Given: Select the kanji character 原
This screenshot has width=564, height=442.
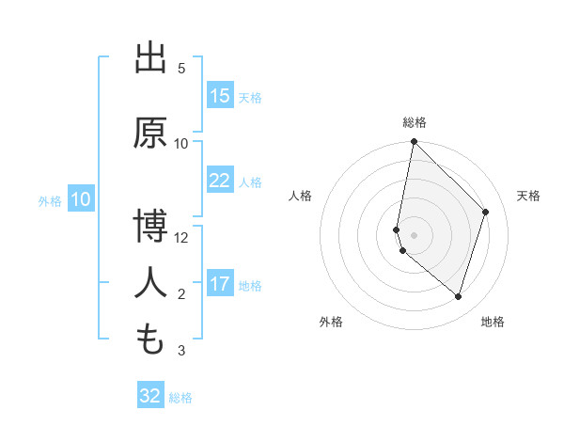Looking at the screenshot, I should coord(150,133).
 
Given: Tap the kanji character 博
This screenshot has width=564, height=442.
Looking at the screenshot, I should coord(150,227).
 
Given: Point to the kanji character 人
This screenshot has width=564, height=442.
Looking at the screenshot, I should coord(150,283).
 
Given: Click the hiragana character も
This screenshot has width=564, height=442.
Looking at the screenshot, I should coord(150,339).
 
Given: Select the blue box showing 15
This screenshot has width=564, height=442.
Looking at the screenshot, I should coord(220,96).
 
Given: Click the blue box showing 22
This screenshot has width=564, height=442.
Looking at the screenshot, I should coord(220,181).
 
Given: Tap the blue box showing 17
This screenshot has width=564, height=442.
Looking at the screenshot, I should coord(220,284).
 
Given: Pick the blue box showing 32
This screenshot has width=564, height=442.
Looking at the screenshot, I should coord(150,396).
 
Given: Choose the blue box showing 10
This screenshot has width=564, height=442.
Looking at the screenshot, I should coord(81,199).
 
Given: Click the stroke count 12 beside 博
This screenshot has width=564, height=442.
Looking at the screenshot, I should coord(181,238).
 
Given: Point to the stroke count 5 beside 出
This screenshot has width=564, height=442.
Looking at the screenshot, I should coord(181,69).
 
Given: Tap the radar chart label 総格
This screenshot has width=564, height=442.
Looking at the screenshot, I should coord(415,122).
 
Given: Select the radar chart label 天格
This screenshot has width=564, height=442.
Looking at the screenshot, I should coord(529,196).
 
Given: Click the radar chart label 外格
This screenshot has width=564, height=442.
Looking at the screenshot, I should coord(331,322).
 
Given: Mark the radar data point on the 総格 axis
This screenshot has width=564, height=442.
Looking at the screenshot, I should coord(415,141).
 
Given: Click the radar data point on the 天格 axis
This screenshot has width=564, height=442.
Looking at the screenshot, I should coord(486,212).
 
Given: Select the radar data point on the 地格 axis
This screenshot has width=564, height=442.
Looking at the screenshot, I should coord(458,296).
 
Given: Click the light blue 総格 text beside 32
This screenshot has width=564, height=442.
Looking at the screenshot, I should coord(180,398).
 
